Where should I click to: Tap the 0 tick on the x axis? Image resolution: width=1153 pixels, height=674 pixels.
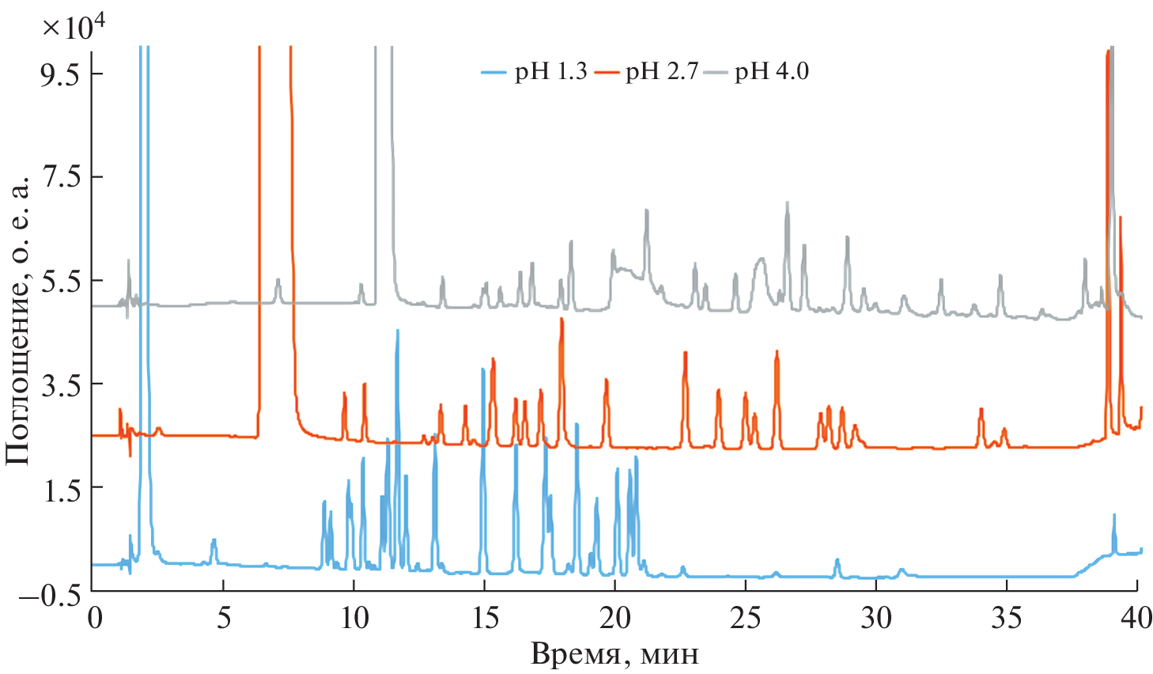pyautogui.click(x=94, y=618)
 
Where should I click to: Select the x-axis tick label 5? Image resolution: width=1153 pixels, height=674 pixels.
pyautogui.click(x=224, y=618)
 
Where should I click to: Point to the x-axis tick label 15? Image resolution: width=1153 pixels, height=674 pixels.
pyautogui.click(x=484, y=618)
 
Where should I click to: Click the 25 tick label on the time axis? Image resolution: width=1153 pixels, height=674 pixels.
pyautogui.click(x=745, y=618)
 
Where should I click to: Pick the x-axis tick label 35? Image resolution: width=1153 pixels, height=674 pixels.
pyautogui.click(x=1006, y=618)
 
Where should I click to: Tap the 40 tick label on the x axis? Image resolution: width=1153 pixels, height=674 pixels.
pyautogui.click(x=1136, y=618)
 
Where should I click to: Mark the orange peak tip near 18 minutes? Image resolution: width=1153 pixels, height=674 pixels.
pyautogui.click(x=561, y=319)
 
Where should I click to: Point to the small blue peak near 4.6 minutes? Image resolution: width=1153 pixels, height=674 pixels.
pyautogui.click(x=214, y=540)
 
